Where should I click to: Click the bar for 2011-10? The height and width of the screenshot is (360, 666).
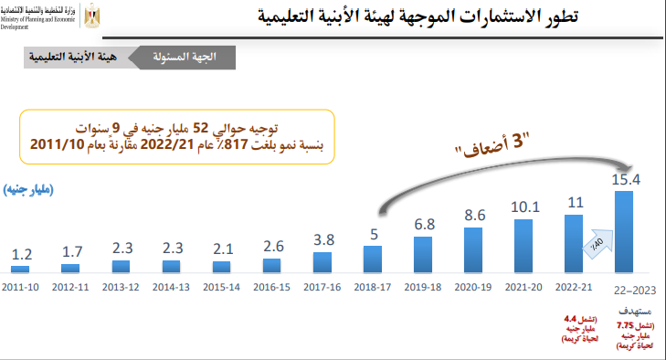click(x=20, y=269)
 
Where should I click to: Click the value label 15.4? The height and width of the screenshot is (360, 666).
click(x=626, y=180)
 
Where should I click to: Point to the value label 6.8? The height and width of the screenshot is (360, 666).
click(x=424, y=224)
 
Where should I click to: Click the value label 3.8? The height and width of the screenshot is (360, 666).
click(x=322, y=239)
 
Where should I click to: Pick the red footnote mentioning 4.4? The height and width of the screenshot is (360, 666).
click(x=574, y=326)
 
